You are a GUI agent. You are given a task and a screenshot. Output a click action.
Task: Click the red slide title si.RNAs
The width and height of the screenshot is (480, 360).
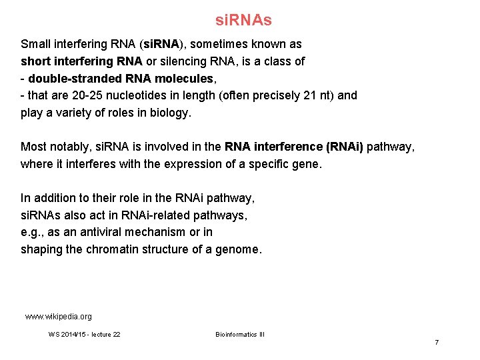[x=243, y=21]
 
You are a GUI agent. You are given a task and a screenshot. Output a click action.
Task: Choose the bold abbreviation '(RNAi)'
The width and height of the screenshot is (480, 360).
[x=340, y=147]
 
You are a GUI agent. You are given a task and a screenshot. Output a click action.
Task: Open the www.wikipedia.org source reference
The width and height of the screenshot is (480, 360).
[x=59, y=317]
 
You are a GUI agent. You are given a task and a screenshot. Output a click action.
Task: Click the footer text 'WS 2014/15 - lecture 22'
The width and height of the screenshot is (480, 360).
[x=85, y=334]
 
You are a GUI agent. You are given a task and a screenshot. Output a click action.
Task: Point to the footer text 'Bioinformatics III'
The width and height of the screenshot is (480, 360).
[x=240, y=334]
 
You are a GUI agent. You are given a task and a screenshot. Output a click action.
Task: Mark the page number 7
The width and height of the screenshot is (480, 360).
[x=437, y=342]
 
